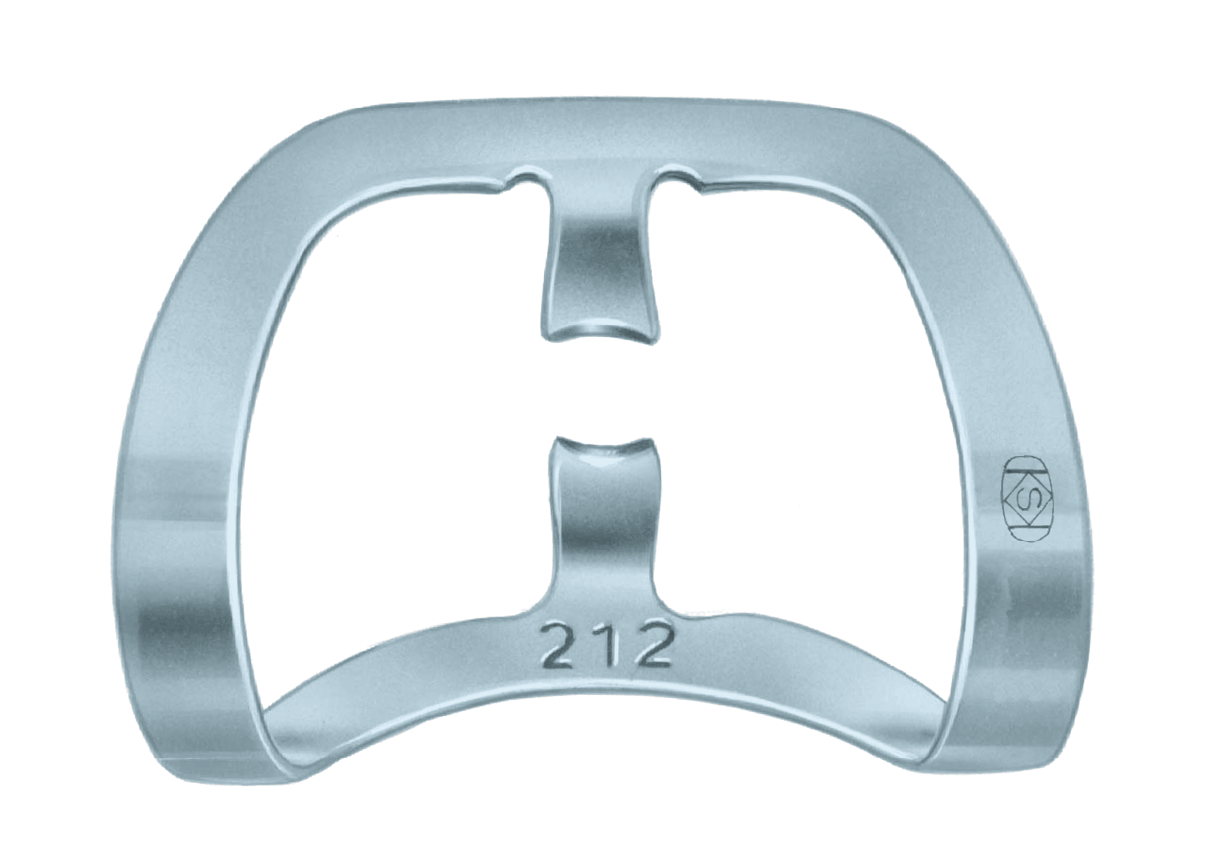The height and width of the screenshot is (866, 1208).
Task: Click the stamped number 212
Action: (x=606, y=648)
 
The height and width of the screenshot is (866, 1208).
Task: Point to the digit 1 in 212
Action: (x=607, y=648)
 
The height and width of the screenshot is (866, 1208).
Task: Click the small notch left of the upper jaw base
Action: (x=524, y=182)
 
